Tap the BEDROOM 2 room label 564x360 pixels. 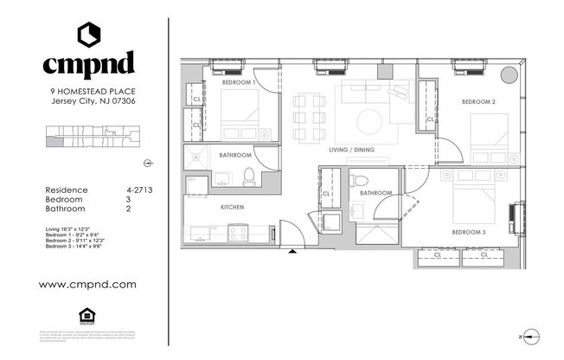[x=478, y=102]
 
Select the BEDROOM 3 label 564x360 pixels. [x=468, y=233]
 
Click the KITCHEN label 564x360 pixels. [x=232, y=208]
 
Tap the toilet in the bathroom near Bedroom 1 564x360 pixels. [x=248, y=177]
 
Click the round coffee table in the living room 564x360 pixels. [x=370, y=119]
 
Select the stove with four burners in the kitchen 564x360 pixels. [x=237, y=232]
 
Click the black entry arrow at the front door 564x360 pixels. [x=293, y=251]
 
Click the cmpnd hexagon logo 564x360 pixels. [x=88, y=35]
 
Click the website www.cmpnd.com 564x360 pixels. [x=88, y=283]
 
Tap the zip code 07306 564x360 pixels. [x=120, y=100]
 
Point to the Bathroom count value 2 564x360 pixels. [x=128, y=209]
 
